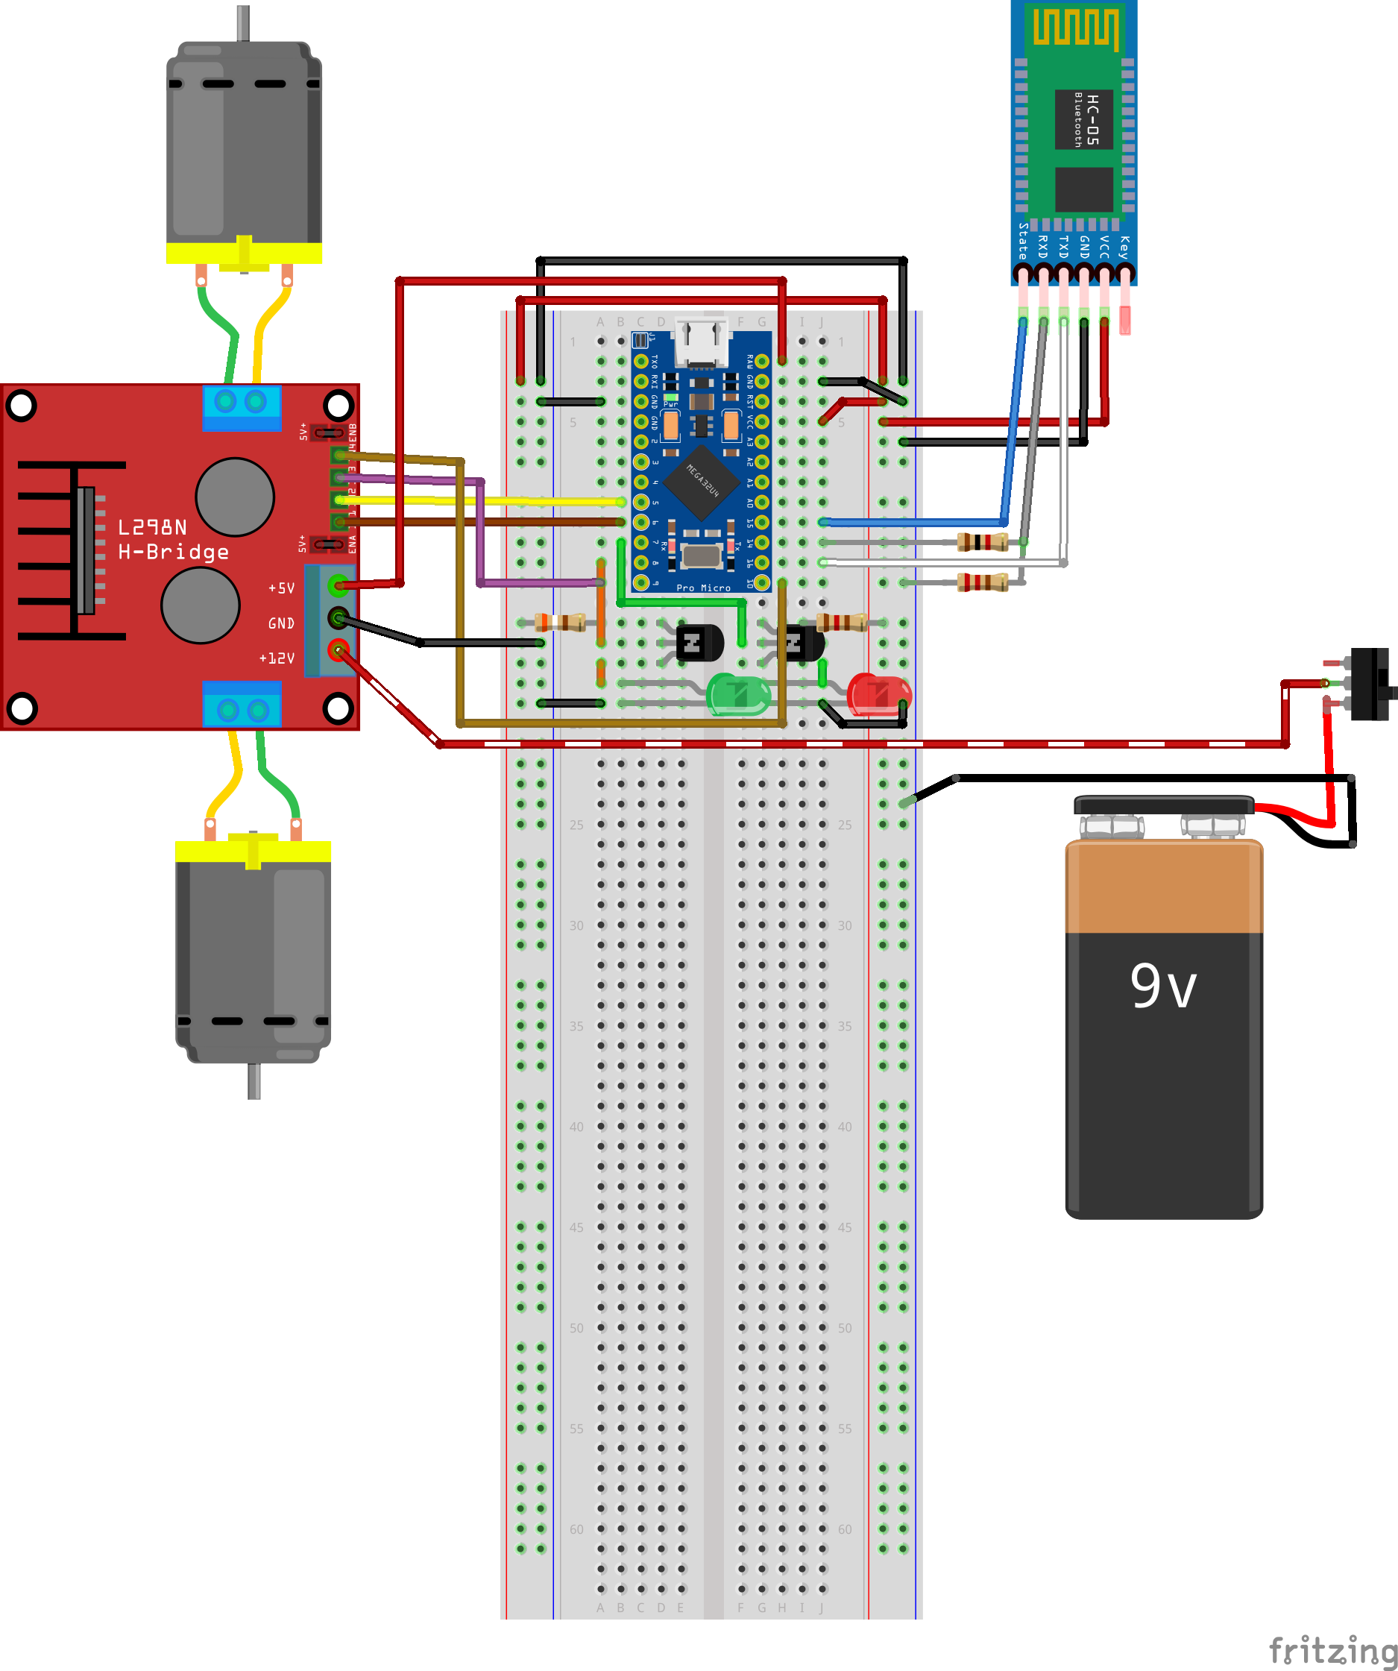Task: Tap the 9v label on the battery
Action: pos(1162,986)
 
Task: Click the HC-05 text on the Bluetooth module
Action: pos(1092,119)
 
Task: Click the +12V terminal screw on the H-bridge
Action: pos(339,651)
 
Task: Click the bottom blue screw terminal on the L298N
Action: pos(242,709)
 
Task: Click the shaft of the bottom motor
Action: pos(254,1081)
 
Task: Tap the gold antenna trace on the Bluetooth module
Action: pos(1075,27)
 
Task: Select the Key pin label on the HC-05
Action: pos(1124,247)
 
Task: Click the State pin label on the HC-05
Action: pos(1023,241)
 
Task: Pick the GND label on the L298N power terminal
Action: pos(281,623)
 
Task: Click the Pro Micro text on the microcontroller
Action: pos(703,588)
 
